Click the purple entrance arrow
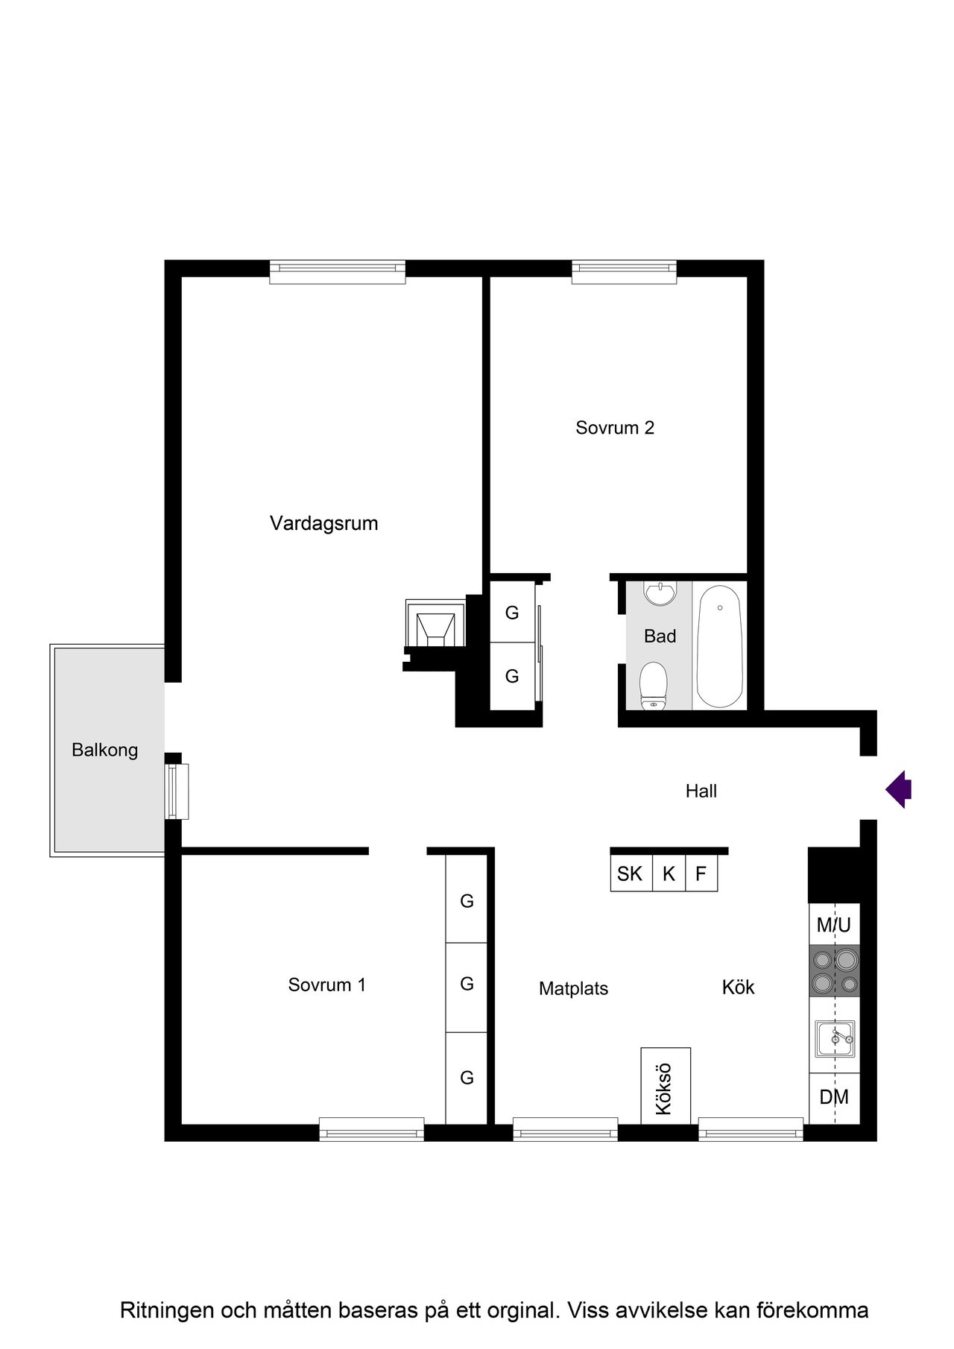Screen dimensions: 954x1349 [x=900, y=789]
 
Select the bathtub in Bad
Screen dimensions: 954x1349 [x=719, y=646]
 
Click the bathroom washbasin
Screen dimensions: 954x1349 [x=660, y=593]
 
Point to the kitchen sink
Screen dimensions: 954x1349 [x=835, y=1038]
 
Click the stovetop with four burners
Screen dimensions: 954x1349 [x=835, y=971]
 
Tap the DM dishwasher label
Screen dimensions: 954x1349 [x=834, y=1097]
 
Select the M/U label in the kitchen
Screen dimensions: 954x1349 [x=834, y=925]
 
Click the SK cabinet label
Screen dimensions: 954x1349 [x=630, y=873]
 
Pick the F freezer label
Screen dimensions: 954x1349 [x=701, y=873]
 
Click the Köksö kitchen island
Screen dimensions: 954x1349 [x=666, y=1086]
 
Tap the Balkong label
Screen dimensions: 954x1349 [x=105, y=751]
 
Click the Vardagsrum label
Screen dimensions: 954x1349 [x=324, y=524]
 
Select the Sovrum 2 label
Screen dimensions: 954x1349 [x=615, y=428]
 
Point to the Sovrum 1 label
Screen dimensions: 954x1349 [x=327, y=985]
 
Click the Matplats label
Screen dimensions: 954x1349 [x=574, y=989]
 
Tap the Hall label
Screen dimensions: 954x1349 [x=701, y=792]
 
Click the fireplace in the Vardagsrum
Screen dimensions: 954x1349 [x=435, y=622]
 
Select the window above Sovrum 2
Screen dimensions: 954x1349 [x=625, y=271]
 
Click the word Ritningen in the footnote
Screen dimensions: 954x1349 [x=167, y=1311]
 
